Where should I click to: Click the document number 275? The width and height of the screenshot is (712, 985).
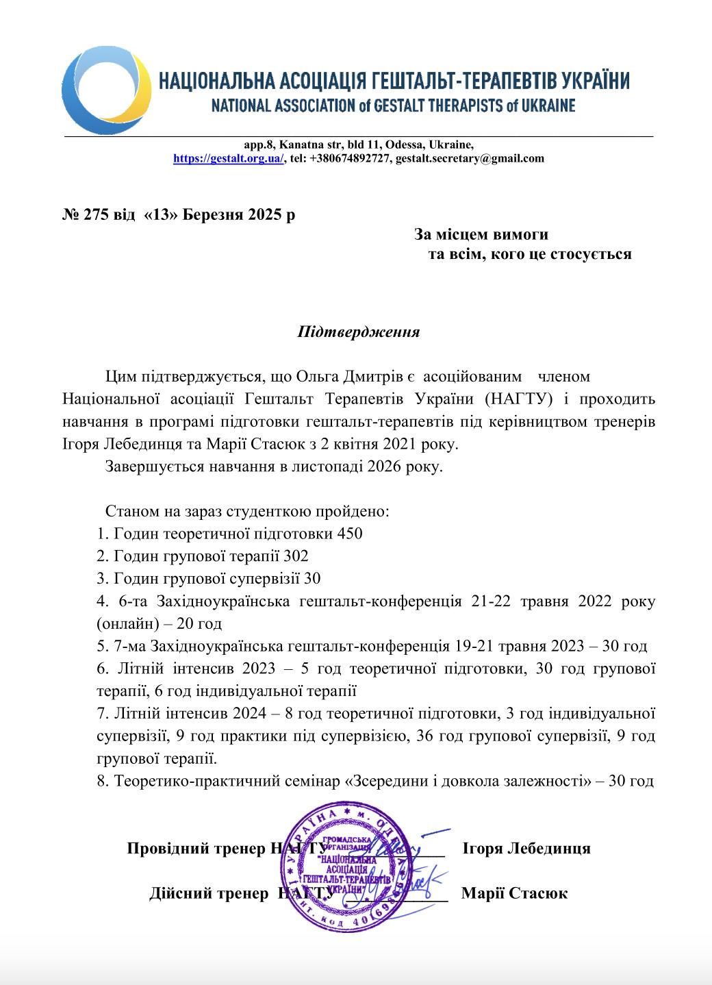click(x=96, y=214)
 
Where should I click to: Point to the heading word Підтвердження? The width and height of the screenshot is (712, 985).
click(x=358, y=333)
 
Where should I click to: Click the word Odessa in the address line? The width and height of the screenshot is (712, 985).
click(x=405, y=145)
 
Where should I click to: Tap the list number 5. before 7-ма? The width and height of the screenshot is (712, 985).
click(x=102, y=646)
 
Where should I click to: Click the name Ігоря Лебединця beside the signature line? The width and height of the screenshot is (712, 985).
click(x=526, y=848)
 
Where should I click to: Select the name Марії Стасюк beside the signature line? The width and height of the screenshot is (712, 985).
click(x=514, y=893)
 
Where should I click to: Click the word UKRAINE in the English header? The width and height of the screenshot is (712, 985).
click(x=542, y=106)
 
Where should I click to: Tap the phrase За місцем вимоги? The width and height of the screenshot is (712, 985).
click(x=481, y=234)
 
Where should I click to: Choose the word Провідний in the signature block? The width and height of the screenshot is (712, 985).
click(x=164, y=848)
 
